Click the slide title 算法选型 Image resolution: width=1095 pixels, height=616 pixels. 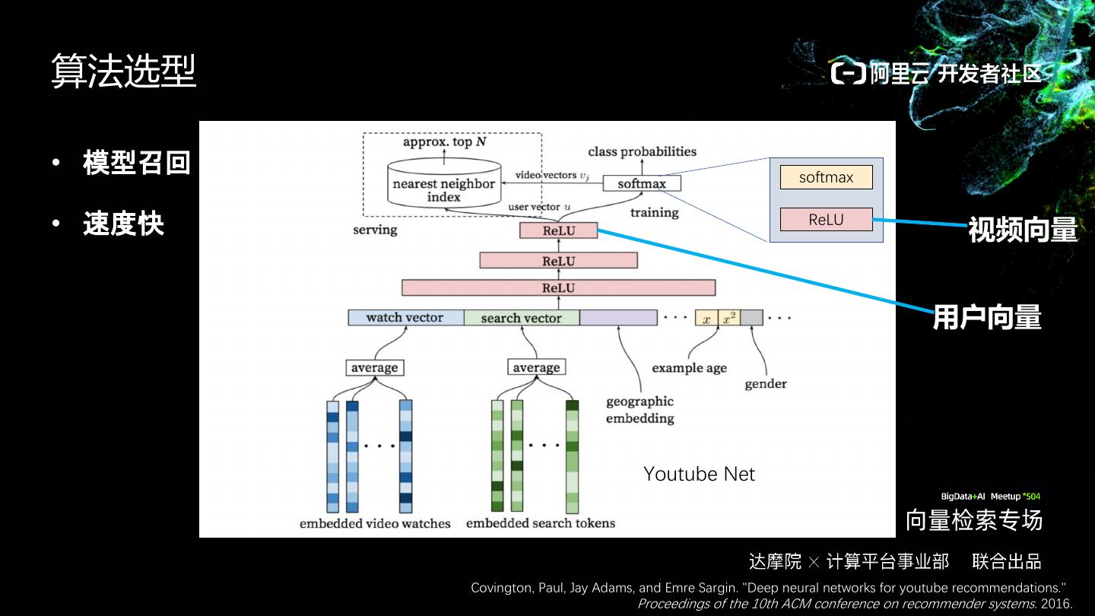click(124, 71)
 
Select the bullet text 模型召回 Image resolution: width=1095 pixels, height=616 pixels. click(136, 163)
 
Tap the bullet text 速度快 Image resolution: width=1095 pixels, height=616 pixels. click(123, 224)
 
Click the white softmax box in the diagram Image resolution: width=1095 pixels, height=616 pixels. click(642, 183)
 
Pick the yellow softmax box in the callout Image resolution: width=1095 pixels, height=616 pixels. click(826, 177)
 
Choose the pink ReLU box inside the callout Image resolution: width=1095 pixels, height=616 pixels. click(826, 220)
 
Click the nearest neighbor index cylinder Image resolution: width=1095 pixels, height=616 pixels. click(443, 183)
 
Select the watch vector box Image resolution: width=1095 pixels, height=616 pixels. click(405, 317)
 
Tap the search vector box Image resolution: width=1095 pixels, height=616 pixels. click(521, 318)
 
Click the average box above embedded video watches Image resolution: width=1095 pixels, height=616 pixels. click(374, 367)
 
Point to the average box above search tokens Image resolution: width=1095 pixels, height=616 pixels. click(536, 367)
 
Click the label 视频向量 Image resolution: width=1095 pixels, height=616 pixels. click(1023, 229)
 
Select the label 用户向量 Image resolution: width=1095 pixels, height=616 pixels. click(987, 317)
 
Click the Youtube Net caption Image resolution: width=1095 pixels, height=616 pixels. click(699, 474)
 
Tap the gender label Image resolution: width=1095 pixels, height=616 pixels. click(766, 383)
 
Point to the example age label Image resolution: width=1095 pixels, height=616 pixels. click(689, 368)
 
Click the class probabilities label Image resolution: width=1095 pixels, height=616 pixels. click(642, 151)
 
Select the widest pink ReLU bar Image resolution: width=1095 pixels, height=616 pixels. click(558, 287)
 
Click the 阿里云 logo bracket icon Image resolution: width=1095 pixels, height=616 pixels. click(849, 73)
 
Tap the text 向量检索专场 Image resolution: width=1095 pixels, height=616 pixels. click(973, 520)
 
